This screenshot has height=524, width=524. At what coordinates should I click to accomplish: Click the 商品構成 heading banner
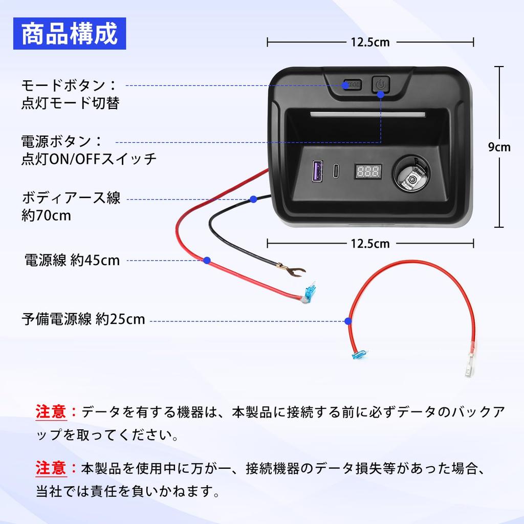[70, 33]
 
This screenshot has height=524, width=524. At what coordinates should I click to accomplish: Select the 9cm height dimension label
[498, 147]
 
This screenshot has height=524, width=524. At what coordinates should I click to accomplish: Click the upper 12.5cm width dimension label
[370, 42]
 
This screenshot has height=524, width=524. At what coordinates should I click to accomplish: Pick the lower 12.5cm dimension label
[370, 244]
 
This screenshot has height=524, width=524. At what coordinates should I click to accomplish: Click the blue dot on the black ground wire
[253, 199]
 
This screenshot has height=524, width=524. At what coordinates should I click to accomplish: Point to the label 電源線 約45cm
[72, 260]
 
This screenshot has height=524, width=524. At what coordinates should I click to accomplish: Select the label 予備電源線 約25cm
[83, 320]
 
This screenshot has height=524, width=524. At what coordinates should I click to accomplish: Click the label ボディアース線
[71, 198]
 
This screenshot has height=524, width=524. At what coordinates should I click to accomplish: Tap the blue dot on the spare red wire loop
[348, 321]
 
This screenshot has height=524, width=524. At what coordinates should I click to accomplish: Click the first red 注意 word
[51, 411]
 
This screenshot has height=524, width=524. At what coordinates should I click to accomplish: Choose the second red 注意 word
[51, 467]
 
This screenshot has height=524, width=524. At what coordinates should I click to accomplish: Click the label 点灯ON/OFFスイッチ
[89, 159]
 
